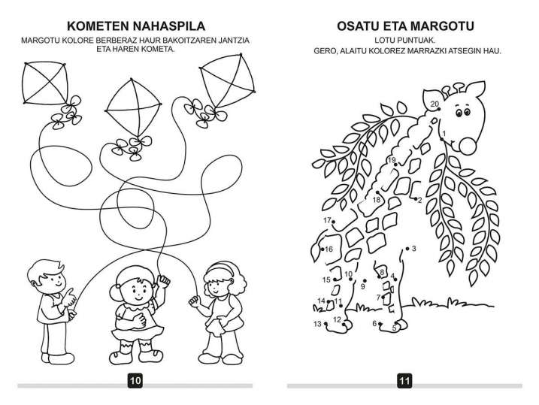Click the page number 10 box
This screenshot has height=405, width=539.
point(135,381)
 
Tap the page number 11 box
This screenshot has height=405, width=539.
point(404,381)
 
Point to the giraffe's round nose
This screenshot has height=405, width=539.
point(468,146)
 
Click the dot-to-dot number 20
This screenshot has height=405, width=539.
point(435,104)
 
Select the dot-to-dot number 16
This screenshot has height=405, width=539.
point(329,249)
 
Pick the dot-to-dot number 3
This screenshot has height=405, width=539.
point(414,248)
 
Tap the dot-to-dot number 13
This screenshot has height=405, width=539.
point(317,324)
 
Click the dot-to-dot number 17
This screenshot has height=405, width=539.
point(327,220)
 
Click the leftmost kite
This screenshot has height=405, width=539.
point(45,83)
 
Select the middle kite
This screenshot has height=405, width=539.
point(133,107)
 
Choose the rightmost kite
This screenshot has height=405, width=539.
point(228,80)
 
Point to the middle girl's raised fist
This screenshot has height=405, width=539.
point(163,281)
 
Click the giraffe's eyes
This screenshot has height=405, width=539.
point(462,112)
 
